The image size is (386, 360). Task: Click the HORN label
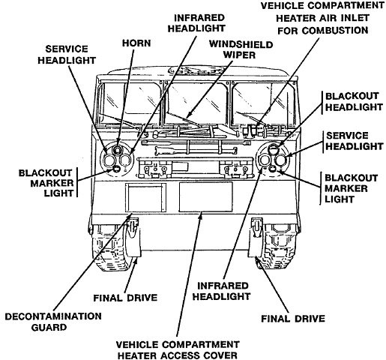pos(136,43)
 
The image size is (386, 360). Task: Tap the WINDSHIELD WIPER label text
pos(241,49)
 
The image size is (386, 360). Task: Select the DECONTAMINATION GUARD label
pos(53,322)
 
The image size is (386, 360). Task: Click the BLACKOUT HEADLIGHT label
pos(354,102)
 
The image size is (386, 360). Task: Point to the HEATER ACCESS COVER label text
pos(178,355)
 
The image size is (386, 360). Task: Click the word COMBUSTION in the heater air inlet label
pos(323,31)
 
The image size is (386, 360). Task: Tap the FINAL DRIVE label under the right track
pos(293,319)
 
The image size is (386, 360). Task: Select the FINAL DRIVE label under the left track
pos(125,298)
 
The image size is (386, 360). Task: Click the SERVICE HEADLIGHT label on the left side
pos(67,55)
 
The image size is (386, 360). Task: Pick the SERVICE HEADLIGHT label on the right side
pos(355,141)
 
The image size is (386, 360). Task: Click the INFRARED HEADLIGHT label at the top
pos(196,23)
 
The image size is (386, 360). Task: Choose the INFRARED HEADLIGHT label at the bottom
pos(221,291)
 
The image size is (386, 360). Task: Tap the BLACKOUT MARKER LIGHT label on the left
pos(46,183)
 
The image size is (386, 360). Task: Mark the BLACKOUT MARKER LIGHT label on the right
pos(351,189)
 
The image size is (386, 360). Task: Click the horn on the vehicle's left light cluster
pos(117,150)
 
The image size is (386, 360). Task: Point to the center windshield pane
pos(197,103)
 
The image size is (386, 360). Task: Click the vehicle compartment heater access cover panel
pos(206,197)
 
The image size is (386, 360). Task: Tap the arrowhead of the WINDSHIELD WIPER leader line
pos(189,115)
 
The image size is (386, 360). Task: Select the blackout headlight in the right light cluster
pos(273,150)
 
